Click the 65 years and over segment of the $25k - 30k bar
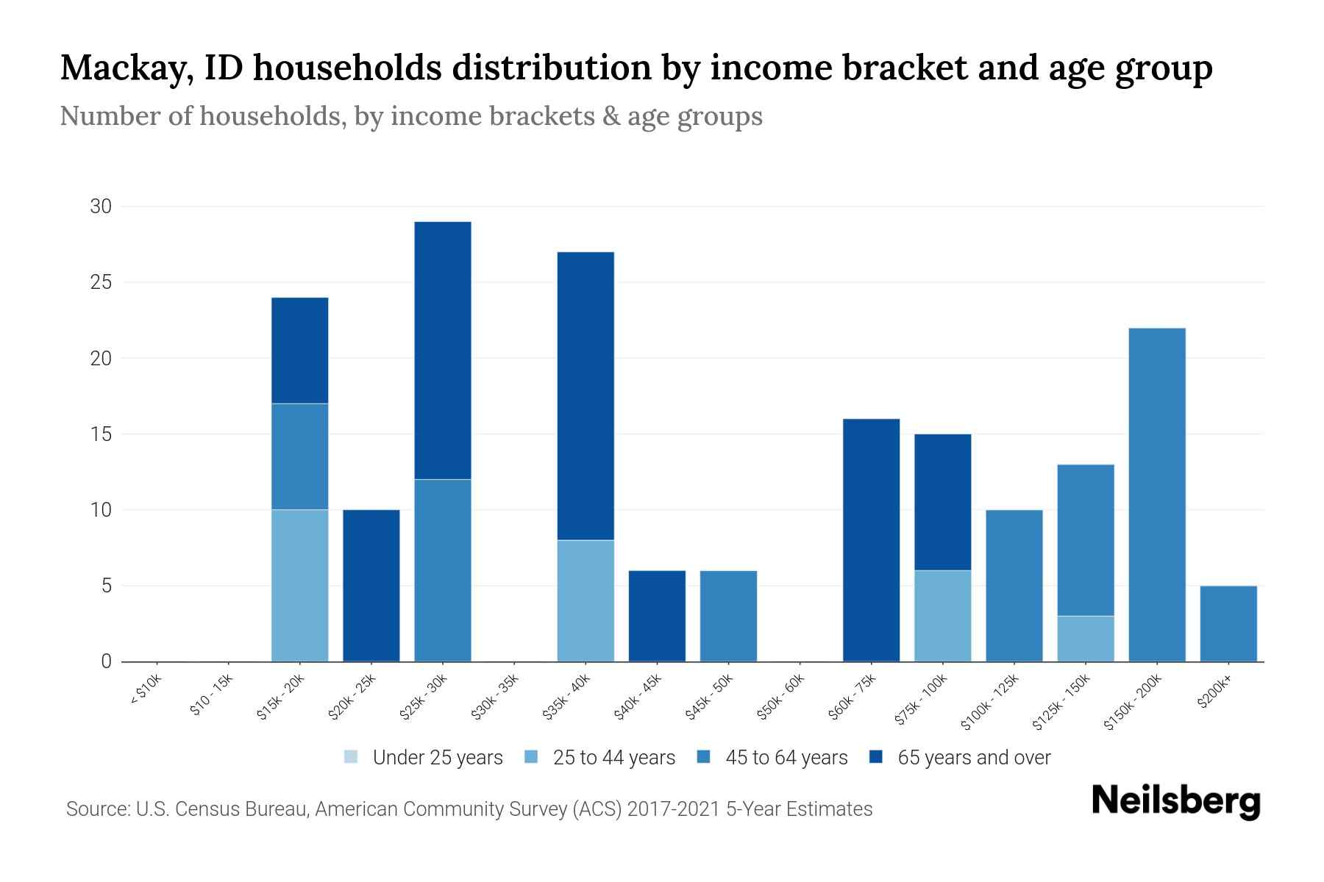[443, 351]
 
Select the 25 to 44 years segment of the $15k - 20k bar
[299, 585]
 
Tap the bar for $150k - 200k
[1157, 495]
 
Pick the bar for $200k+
[1228, 623]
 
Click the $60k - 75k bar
[871, 540]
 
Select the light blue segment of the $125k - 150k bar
[1086, 638]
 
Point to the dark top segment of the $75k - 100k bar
[942, 502]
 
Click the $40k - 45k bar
[657, 616]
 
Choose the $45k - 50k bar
[728, 616]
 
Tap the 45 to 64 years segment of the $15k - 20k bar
[299, 456]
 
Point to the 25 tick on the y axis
[101, 282]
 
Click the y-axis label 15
[101, 434]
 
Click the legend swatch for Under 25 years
[352, 757]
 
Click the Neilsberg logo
[1175, 801]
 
